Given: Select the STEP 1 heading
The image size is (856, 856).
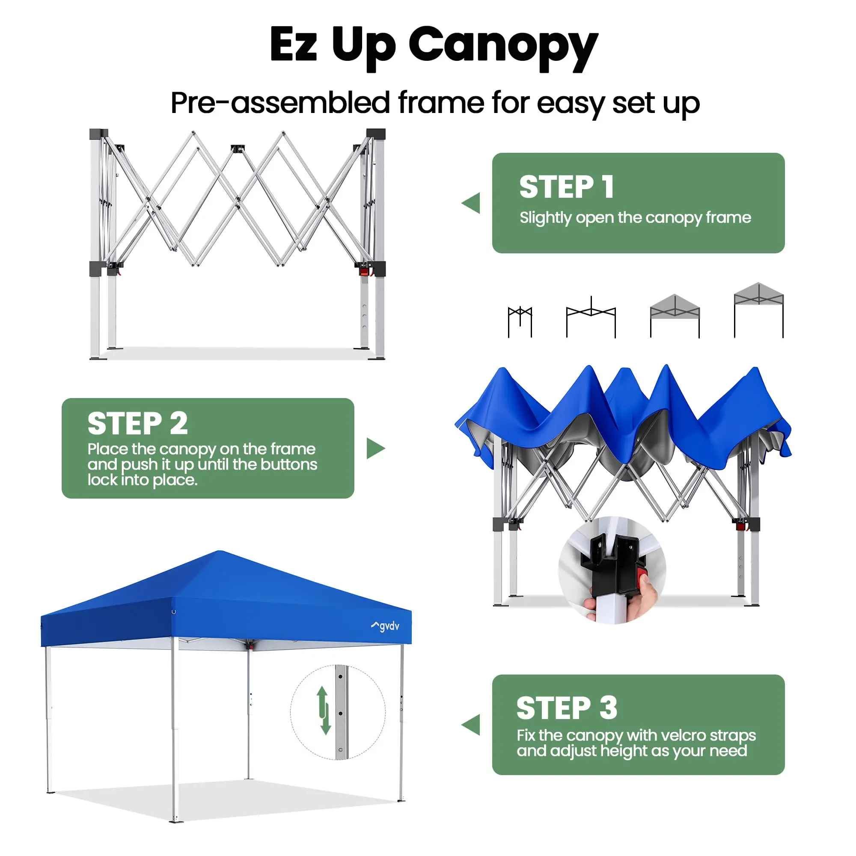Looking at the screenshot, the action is click(x=567, y=187).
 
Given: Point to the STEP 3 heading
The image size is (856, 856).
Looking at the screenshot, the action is click(x=567, y=707).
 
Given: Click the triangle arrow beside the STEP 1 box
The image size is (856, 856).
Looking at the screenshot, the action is click(x=471, y=203).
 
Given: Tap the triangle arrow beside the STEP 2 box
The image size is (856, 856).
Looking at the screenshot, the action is click(x=376, y=449).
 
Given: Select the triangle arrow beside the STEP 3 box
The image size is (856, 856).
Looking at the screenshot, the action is click(x=471, y=725).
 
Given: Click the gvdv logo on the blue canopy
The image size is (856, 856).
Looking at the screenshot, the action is click(x=385, y=626).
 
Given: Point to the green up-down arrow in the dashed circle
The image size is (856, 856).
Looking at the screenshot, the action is click(x=324, y=710).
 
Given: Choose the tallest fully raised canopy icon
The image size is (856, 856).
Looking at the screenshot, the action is click(x=758, y=310).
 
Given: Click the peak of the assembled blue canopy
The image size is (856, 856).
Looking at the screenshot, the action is click(x=220, y=552).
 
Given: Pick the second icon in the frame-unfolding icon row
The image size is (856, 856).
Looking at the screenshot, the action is click(x=591, y=317).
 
